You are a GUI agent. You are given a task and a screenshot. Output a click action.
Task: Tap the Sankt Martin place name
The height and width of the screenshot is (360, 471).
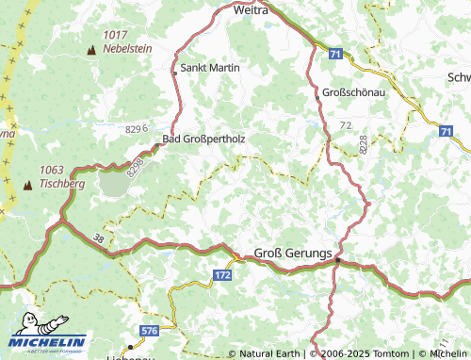pos(210,68)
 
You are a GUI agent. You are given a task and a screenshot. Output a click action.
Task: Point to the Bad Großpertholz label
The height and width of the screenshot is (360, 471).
pos(204,139)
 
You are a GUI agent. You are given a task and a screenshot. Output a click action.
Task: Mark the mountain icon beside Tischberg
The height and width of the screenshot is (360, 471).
pos(26,184)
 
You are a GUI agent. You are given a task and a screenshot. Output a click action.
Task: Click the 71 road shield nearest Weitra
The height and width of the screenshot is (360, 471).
pos(336,56)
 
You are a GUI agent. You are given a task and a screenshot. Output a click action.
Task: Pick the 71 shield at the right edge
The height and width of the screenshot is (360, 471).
pos(445,132)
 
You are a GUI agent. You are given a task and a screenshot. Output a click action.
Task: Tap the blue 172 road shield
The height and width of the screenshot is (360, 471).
pos(221,274)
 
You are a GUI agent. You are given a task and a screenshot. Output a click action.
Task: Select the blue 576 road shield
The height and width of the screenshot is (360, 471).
pos(149,331)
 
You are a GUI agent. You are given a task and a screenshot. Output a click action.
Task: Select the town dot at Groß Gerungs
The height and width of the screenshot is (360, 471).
pos(337,262)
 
